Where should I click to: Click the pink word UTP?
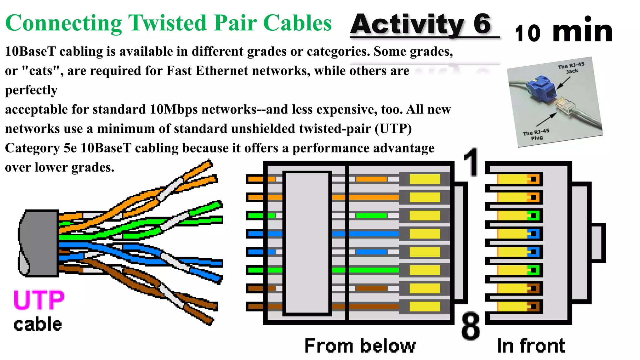[x=39, y=300]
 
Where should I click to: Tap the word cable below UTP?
[x=38, y=324]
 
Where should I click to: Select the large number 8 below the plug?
[x=471, y=326]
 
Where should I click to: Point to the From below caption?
[x=360, y=346]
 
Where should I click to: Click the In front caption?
[x=531, y=346]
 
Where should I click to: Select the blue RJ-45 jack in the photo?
[x=542, y=89]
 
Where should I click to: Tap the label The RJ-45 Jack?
[x=571, y=67]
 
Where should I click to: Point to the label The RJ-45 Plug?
[x=536, y=135]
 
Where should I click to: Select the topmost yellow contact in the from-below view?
[x=424, y=179]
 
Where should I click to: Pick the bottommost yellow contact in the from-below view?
[x=424, y=307]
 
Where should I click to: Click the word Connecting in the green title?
[x=63, y=23]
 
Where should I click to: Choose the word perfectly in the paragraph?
[x=31, y=90]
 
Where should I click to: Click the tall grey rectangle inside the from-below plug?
[x=307, y=242]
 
